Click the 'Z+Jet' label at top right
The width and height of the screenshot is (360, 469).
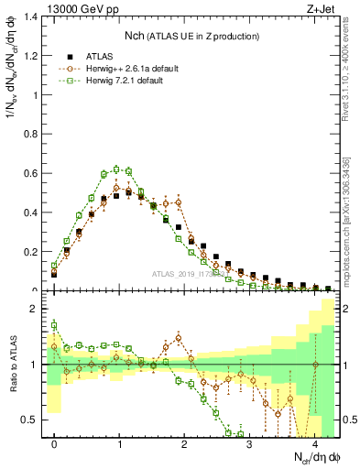[323, 9]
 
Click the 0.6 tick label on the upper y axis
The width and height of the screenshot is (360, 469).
[32, 173]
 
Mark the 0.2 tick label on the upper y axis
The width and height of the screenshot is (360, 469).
[32, 252]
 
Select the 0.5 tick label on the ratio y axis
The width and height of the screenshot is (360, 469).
[32, 420]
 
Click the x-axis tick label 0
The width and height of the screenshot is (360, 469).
[54, 443]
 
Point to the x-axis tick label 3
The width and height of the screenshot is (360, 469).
[250, 443]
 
